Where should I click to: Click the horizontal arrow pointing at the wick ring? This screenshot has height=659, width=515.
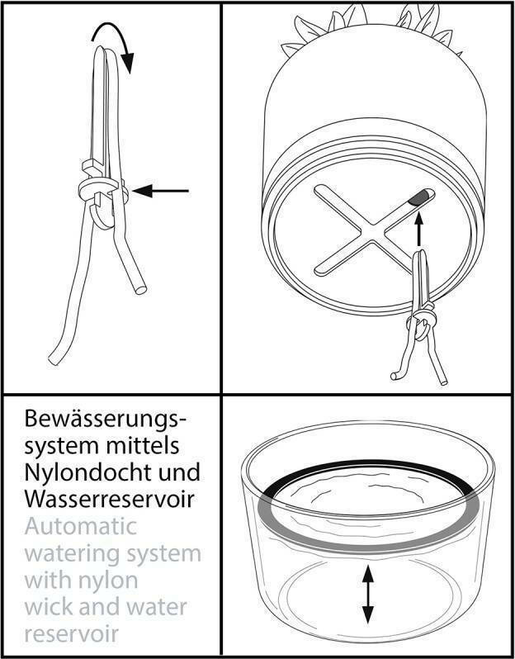[x=160, y=191]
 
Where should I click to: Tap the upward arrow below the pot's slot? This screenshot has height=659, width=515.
[x=418, y=229]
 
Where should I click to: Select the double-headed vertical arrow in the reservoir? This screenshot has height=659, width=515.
[x=368, y=594]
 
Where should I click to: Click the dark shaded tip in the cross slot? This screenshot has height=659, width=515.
[x=418, y=197]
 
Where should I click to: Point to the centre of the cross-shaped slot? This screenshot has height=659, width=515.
[x=372, y=230]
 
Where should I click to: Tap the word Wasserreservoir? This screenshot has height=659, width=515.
[x=109, y=499]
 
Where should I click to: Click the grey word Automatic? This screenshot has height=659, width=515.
[x=81, y=526]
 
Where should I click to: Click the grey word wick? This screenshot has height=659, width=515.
[x=48, y=607]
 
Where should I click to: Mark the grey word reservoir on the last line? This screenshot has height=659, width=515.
[x=72, y=633]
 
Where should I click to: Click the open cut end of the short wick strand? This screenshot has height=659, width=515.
[x=140, y=290]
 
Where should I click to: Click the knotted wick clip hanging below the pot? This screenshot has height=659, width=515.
[x=420, y=320]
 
